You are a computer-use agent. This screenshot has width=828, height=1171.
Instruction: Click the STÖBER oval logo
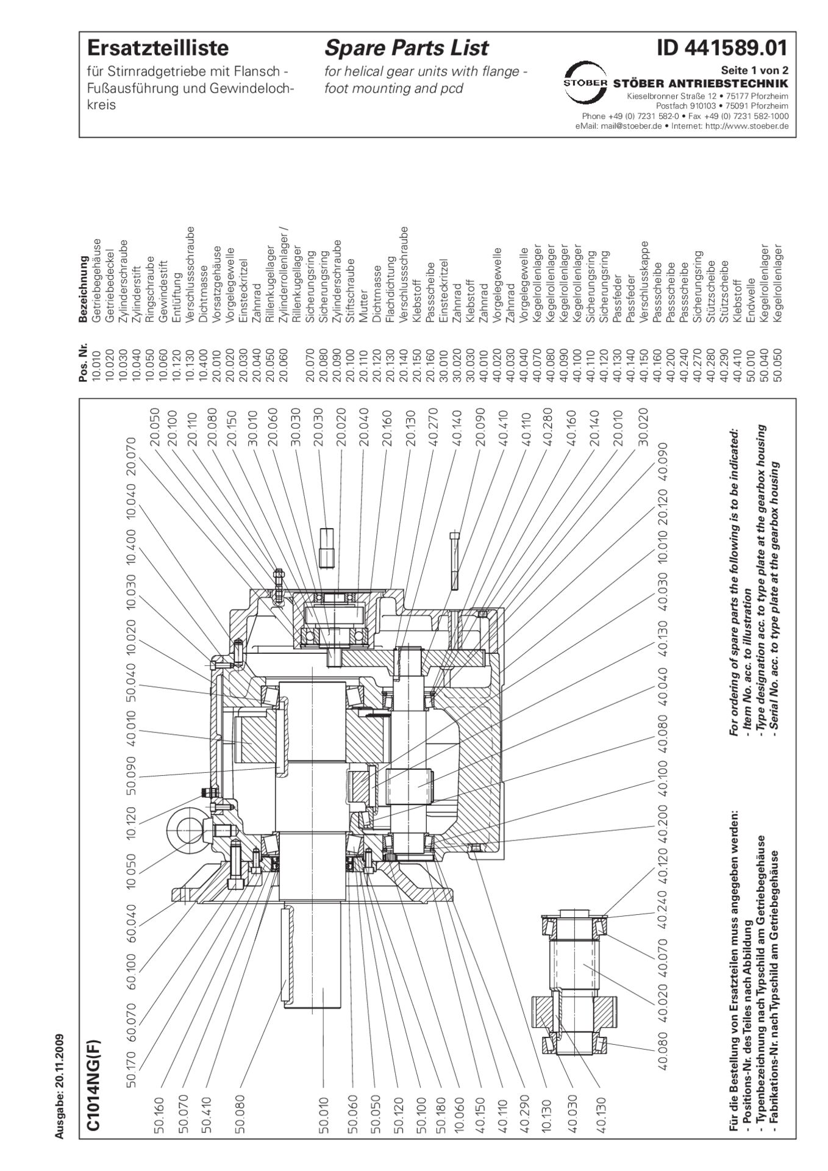tap(584, 82)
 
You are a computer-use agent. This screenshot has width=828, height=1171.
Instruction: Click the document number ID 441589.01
tap(722, 48)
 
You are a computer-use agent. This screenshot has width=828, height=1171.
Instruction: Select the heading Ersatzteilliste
tap(158, 48)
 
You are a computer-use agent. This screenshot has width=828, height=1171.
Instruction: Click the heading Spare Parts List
tap(406, 48)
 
